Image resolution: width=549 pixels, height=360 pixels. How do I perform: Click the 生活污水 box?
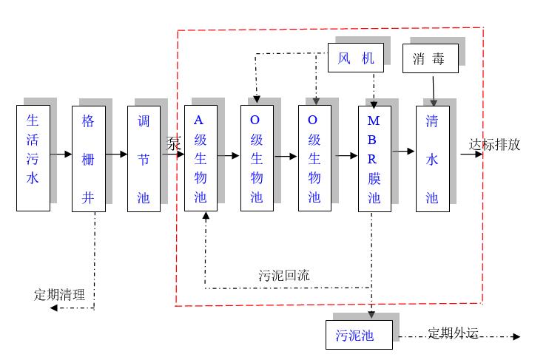[33, 157]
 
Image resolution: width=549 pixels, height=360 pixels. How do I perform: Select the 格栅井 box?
[89, 158]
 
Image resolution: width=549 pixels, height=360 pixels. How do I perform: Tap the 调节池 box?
[144, 158]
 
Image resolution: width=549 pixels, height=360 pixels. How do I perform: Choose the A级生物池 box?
[200, 158]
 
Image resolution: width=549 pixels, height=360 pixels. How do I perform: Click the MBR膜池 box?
[374, 158]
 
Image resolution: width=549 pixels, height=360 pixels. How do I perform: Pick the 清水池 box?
[432, 158]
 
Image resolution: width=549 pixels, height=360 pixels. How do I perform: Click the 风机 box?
[356, 58]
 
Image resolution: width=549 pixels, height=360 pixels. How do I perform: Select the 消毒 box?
[430, 58]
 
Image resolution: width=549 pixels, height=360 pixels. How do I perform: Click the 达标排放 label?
[494, 145]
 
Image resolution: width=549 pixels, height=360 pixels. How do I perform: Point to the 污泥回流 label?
[284, 275]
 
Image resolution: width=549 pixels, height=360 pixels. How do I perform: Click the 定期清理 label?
[59, 294]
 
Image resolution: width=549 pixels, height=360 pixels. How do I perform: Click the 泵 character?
[173, 144]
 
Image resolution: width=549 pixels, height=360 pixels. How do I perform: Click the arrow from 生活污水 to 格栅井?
[61, 154]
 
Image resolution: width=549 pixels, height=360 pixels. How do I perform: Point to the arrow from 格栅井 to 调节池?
[116, 154]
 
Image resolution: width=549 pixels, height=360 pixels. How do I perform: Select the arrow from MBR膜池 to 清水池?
[403, 152]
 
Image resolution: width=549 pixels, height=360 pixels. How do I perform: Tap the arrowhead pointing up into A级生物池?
[206, 217]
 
